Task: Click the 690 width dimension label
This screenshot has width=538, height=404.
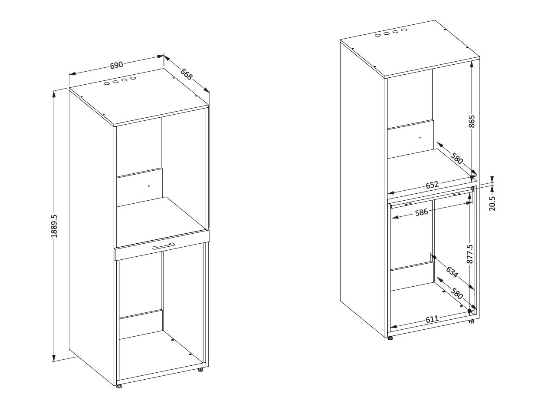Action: [x=116, y=66]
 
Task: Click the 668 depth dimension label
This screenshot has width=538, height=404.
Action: [x=187, y=74]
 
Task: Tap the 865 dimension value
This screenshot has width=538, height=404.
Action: [x=472, y=121]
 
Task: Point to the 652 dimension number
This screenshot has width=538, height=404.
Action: [x=432, y=185]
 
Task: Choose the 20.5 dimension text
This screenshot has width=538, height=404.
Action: [x=492, y=203]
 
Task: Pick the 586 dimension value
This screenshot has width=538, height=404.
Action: [x=422, y=212]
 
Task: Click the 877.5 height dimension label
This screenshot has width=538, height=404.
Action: [x=469, y=254]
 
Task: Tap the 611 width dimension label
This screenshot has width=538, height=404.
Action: [x=432, y=319]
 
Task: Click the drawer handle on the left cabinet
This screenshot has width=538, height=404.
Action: [x=163, y=246]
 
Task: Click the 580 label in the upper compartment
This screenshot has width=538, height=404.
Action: [x=456, y=158]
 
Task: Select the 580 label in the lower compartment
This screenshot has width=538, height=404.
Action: [x=456, y=293]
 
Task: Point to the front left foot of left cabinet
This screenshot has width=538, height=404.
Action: [x=119, y=386]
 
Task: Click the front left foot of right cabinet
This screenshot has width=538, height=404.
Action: [x=390, y=338]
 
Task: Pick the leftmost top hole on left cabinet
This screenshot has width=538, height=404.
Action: [x=107, y=84]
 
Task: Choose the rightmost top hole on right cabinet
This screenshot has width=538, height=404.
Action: [x=404, y=30]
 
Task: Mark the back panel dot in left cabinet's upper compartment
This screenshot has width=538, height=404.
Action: [x=149, y=186]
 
